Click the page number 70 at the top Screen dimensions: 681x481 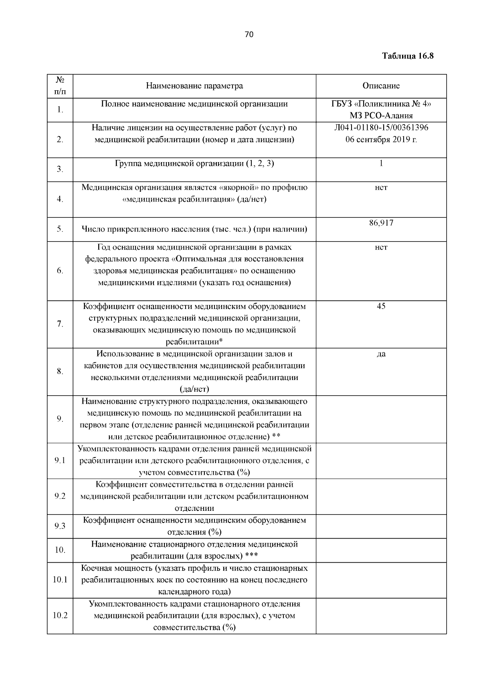[x=249, y=35]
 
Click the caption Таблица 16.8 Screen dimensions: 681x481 [x=408, y=56]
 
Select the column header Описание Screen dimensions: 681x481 [x=381, y=86]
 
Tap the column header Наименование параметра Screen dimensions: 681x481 [x=194, y=86]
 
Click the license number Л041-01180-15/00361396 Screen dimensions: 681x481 [x=381, y=128]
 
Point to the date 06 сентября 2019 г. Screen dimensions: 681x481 [x=381, y=140]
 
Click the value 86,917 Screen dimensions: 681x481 [x=381, y=223]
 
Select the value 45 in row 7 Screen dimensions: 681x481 [x=381, y=306]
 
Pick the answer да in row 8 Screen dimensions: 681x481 [x=381, y=354]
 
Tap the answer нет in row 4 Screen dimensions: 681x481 [x=381, y=187]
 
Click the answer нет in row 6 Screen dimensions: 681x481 [x=381, y=247]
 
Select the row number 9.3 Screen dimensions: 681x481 [x=60, y=526]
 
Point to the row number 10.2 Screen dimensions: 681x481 [x=60, y=616]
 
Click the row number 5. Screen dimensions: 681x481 [x=60, y=229]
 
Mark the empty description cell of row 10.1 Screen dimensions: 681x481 [x=381, y=580]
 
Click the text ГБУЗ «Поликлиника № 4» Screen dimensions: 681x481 [x=381, y=104]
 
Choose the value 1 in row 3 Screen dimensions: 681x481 [x=381, y=164]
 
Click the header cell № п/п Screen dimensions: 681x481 [x=60, y=86]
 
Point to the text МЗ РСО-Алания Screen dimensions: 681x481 [x=381, y=116]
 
